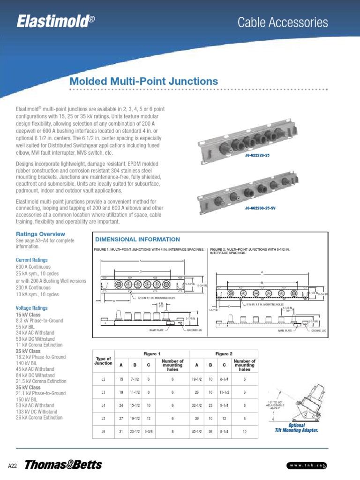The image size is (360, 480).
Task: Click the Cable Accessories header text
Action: [282, 22]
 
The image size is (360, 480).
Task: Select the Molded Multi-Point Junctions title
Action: [143, 81]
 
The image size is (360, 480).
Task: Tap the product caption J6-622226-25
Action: [257, 155]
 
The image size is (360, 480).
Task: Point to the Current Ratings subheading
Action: [31, 260]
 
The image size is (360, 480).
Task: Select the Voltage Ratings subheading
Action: [31, 308]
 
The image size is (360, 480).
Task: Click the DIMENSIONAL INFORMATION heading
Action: [137, 240]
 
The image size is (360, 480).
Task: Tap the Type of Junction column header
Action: [103, 360]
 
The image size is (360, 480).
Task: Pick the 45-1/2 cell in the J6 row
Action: [196, 431]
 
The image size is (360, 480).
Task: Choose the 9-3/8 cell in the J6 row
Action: [149, 431]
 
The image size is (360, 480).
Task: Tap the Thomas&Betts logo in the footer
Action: [63, 465]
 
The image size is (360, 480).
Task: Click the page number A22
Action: [13, 465]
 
